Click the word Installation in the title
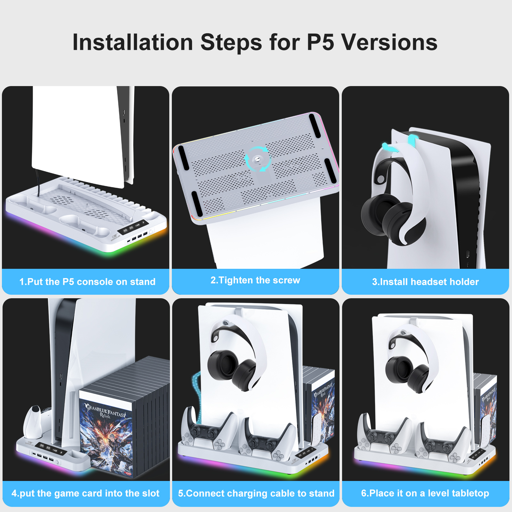pos(133,42)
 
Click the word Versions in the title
pos(389,42)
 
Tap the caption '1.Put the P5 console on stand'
pos(87,282)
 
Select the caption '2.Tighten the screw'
pos(255,280)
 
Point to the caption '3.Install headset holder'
pos(425,282)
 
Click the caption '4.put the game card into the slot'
pos(85,493)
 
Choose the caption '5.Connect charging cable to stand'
pos(256,493)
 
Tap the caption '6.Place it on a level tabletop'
pos(425,493)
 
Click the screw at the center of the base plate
pos(257,159)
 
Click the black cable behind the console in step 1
pos(38,182)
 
